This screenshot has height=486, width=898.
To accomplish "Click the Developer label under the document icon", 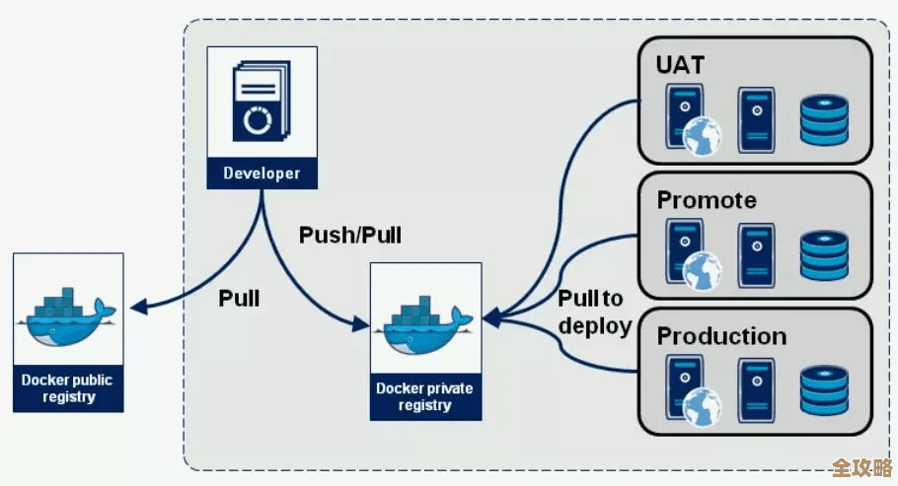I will [x=261, y=174].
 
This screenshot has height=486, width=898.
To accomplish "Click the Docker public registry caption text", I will [x=68, y=388].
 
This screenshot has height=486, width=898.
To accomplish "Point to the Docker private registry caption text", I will [x=425, y=396].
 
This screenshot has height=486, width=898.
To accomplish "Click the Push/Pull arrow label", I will [x=349, y=236].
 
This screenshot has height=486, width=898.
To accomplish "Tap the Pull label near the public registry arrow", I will [x=239, y=298].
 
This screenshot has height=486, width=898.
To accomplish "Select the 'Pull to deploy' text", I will [x=594, y=312].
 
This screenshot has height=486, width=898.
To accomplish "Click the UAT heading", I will [x=681, y=66].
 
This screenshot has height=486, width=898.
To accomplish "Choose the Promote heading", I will [x=707, y=200].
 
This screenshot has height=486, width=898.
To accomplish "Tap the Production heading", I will [x=721, y=335].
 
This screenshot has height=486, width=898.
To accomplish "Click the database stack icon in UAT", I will [x=824, y=120].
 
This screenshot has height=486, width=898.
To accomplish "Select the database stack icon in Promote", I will [x=824, y=255].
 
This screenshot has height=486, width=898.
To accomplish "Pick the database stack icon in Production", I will [x=824, y=390].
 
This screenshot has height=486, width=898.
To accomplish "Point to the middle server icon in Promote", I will [x=757, y=251].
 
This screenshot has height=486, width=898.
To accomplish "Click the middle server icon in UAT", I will [x=757, y=116].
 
